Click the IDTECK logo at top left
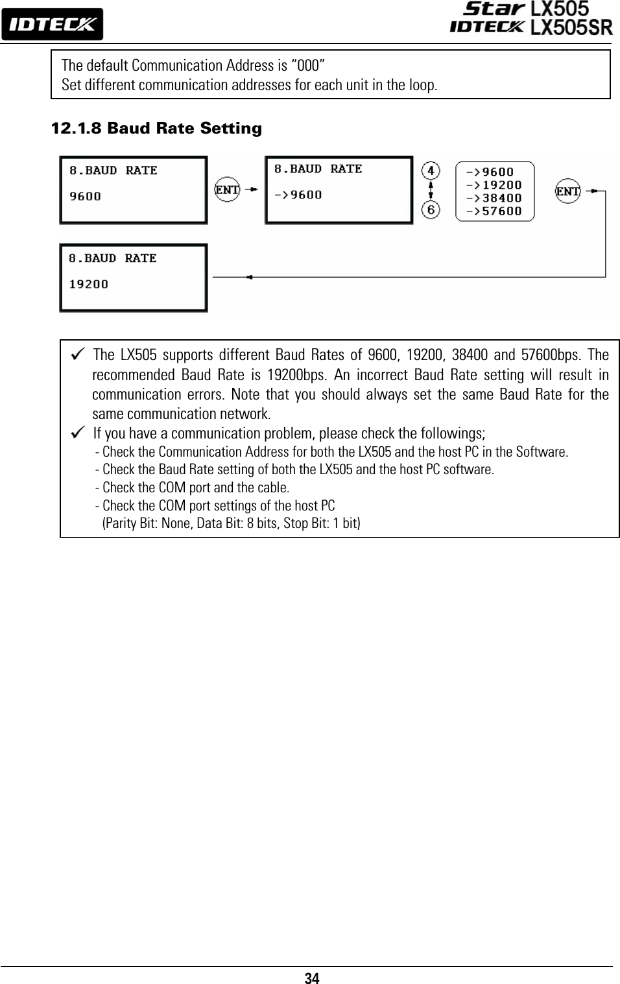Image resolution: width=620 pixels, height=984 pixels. pos(52,25)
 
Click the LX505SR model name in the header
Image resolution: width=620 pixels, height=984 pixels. pos(571,27)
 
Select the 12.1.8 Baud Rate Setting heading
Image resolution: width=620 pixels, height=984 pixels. pos(156,128)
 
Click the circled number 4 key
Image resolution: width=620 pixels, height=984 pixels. pos(431,171)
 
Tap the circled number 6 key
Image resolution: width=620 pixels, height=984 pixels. pos(431,210)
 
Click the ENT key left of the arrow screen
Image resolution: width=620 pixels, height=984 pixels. pos(227,189)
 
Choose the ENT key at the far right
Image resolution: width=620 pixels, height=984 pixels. pos(568,191)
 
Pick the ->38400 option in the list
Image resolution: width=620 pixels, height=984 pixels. pos(494,198)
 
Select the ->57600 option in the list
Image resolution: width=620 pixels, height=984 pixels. pos(494,211)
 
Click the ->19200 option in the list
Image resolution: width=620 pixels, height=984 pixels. pos(494,185)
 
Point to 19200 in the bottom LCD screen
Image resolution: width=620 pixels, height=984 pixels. pos(89,284)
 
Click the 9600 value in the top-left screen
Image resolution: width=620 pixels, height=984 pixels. pos(86,196)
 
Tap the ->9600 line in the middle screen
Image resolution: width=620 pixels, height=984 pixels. pos(298,195)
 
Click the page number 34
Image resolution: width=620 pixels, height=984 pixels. pos(312,978)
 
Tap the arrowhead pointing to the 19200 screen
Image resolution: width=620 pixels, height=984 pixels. pos(249,277)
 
